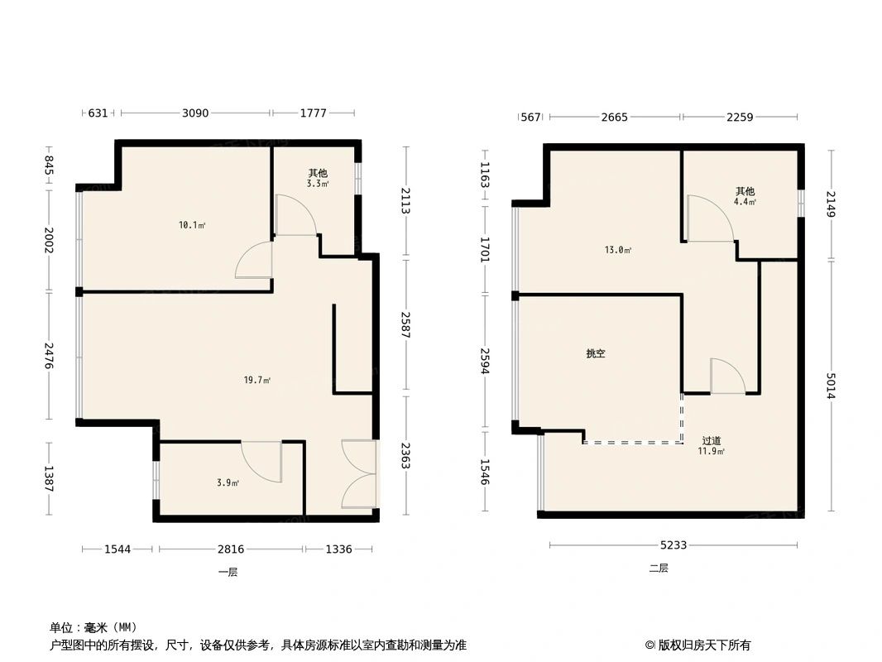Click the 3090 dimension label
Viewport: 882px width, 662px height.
point(195,113)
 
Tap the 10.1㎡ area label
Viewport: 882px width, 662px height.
point(193,225)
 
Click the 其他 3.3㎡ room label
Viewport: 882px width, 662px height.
point(318,178)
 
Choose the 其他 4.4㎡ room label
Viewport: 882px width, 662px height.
point(744,196)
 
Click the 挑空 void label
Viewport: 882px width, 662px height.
point(596,353)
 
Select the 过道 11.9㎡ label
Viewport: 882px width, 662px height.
point(712,446)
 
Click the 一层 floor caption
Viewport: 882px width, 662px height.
point(228,572)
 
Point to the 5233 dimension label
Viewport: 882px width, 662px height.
point(673,545)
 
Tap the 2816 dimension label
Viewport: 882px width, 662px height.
point(231,549)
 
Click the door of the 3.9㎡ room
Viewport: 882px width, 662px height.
point(261,462)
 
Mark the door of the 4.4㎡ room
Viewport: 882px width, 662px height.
point(709,219)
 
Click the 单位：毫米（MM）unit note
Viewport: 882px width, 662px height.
point(93,626)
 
